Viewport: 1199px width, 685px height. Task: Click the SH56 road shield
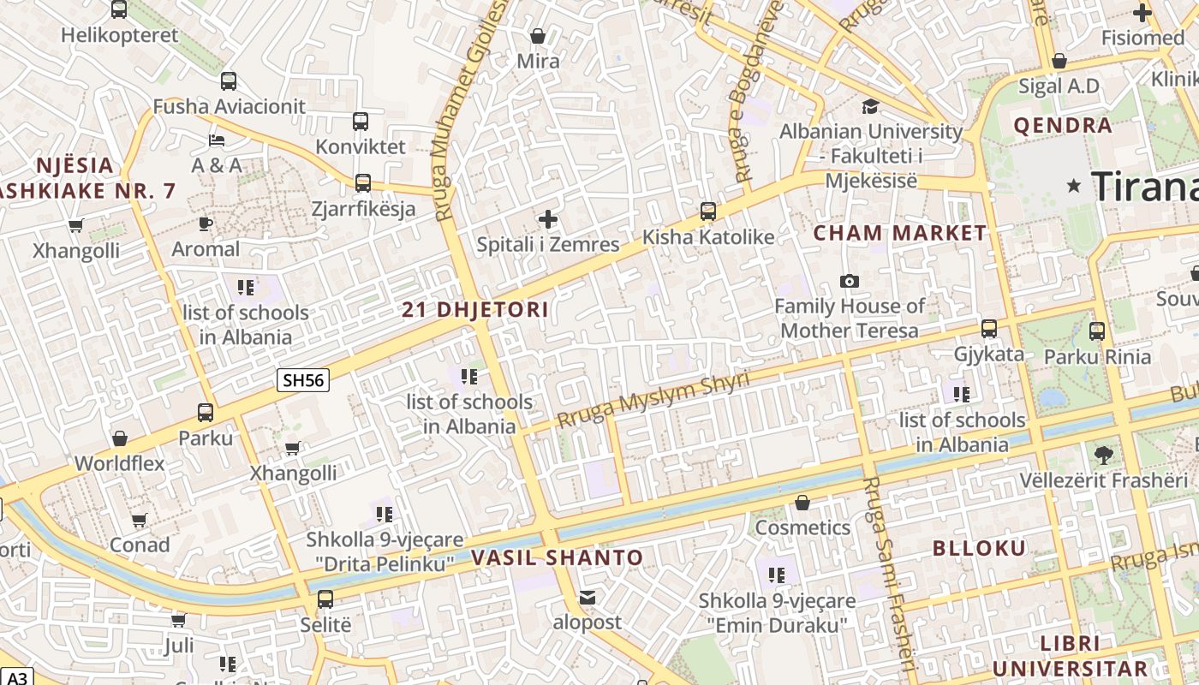(x=303, y=379)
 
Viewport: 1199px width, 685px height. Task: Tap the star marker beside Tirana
(x=1073, y=186)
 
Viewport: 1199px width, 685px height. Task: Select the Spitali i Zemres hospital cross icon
(x=547, y=219)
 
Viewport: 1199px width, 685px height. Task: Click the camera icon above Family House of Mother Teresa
(x=850, y=281)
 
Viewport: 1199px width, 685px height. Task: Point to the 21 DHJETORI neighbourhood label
(x=475, y=310)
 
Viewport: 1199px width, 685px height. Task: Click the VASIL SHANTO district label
(x=557, y=558)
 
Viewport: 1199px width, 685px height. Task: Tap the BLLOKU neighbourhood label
(x=978, y=548)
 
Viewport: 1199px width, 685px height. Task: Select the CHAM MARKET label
(x=900, y=233)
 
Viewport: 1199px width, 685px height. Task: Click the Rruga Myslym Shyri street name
(x=653, y=399)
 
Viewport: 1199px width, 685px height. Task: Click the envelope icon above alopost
(x=587, y=597)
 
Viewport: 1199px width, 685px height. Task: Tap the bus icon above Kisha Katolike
(x=708, y=211)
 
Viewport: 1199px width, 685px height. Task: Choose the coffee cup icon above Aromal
(x=206, y=223)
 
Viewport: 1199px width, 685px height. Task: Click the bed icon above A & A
(x=217, y=140)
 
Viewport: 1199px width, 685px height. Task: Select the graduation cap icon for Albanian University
(x=870, y=106)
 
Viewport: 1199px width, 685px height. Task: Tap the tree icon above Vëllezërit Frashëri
(x=1103, y=455)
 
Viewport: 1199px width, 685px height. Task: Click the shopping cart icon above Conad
(x=140, y=520)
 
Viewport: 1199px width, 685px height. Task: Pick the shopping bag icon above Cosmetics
(x=802, y=503)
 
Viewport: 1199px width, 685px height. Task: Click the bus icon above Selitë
(x=325, y=599)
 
